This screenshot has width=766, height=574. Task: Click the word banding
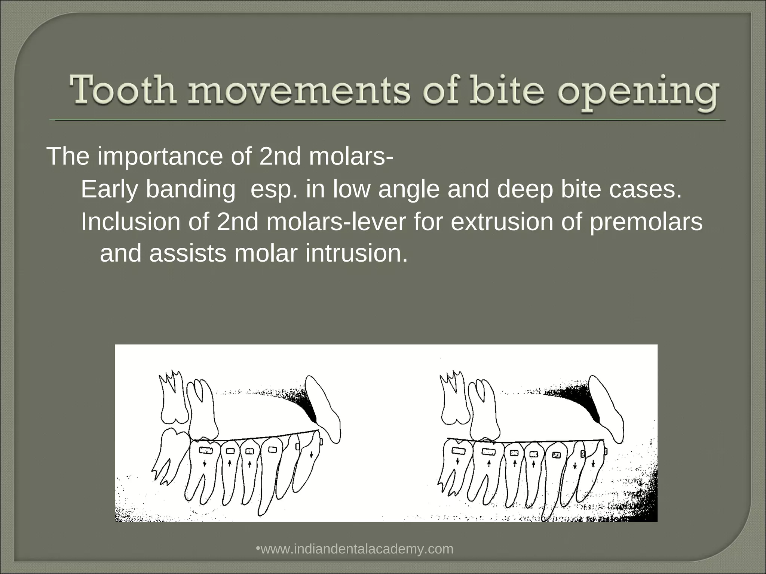point(190,189)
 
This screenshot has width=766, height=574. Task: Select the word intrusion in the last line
point(356,253)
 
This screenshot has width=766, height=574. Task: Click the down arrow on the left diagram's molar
point(204,463)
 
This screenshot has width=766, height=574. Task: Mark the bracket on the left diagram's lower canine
point(297,446)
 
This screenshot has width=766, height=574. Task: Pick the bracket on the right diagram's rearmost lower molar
point(458,451)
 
